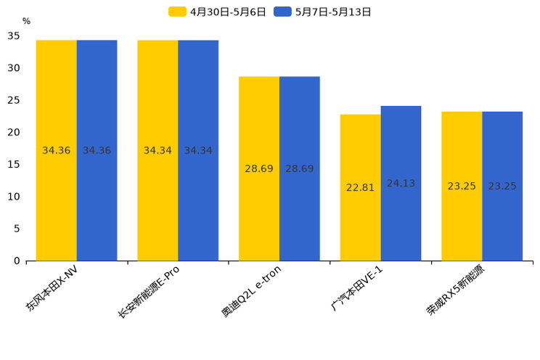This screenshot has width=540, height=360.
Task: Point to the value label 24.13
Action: point(401,184)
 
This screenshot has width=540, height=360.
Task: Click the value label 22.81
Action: point(360,187)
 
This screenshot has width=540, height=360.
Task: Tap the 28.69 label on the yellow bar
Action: point(259,168)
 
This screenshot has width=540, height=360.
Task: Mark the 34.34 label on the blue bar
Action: point(198,150)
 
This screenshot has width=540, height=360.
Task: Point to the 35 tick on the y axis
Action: point(14,36)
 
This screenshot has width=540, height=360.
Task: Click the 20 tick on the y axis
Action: point(14,132)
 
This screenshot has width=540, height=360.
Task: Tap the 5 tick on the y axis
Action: point(17,229)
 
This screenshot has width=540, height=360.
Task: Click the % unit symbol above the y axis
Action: point(26,22)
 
